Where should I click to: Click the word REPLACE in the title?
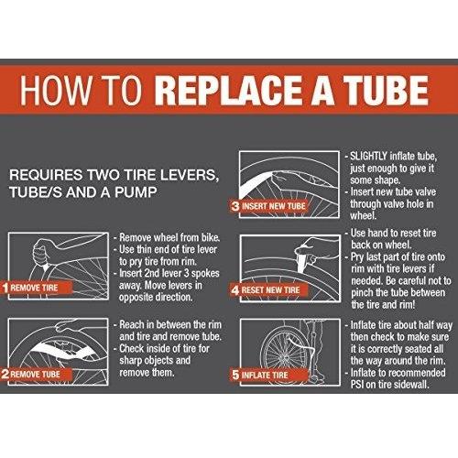click(230, 91)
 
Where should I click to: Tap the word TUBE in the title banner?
click(386, 91)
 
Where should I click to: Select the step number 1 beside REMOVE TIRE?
click(5, 288)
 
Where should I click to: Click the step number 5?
click(235, 375)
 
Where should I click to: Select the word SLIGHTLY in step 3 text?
click(368, 156)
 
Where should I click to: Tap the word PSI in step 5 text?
click(357, 385)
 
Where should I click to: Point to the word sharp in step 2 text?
click(131, 361)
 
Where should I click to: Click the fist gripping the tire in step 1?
click(41, 252)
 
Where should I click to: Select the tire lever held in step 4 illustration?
click(303, 260)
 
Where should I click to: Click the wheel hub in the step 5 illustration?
click(282, 356)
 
